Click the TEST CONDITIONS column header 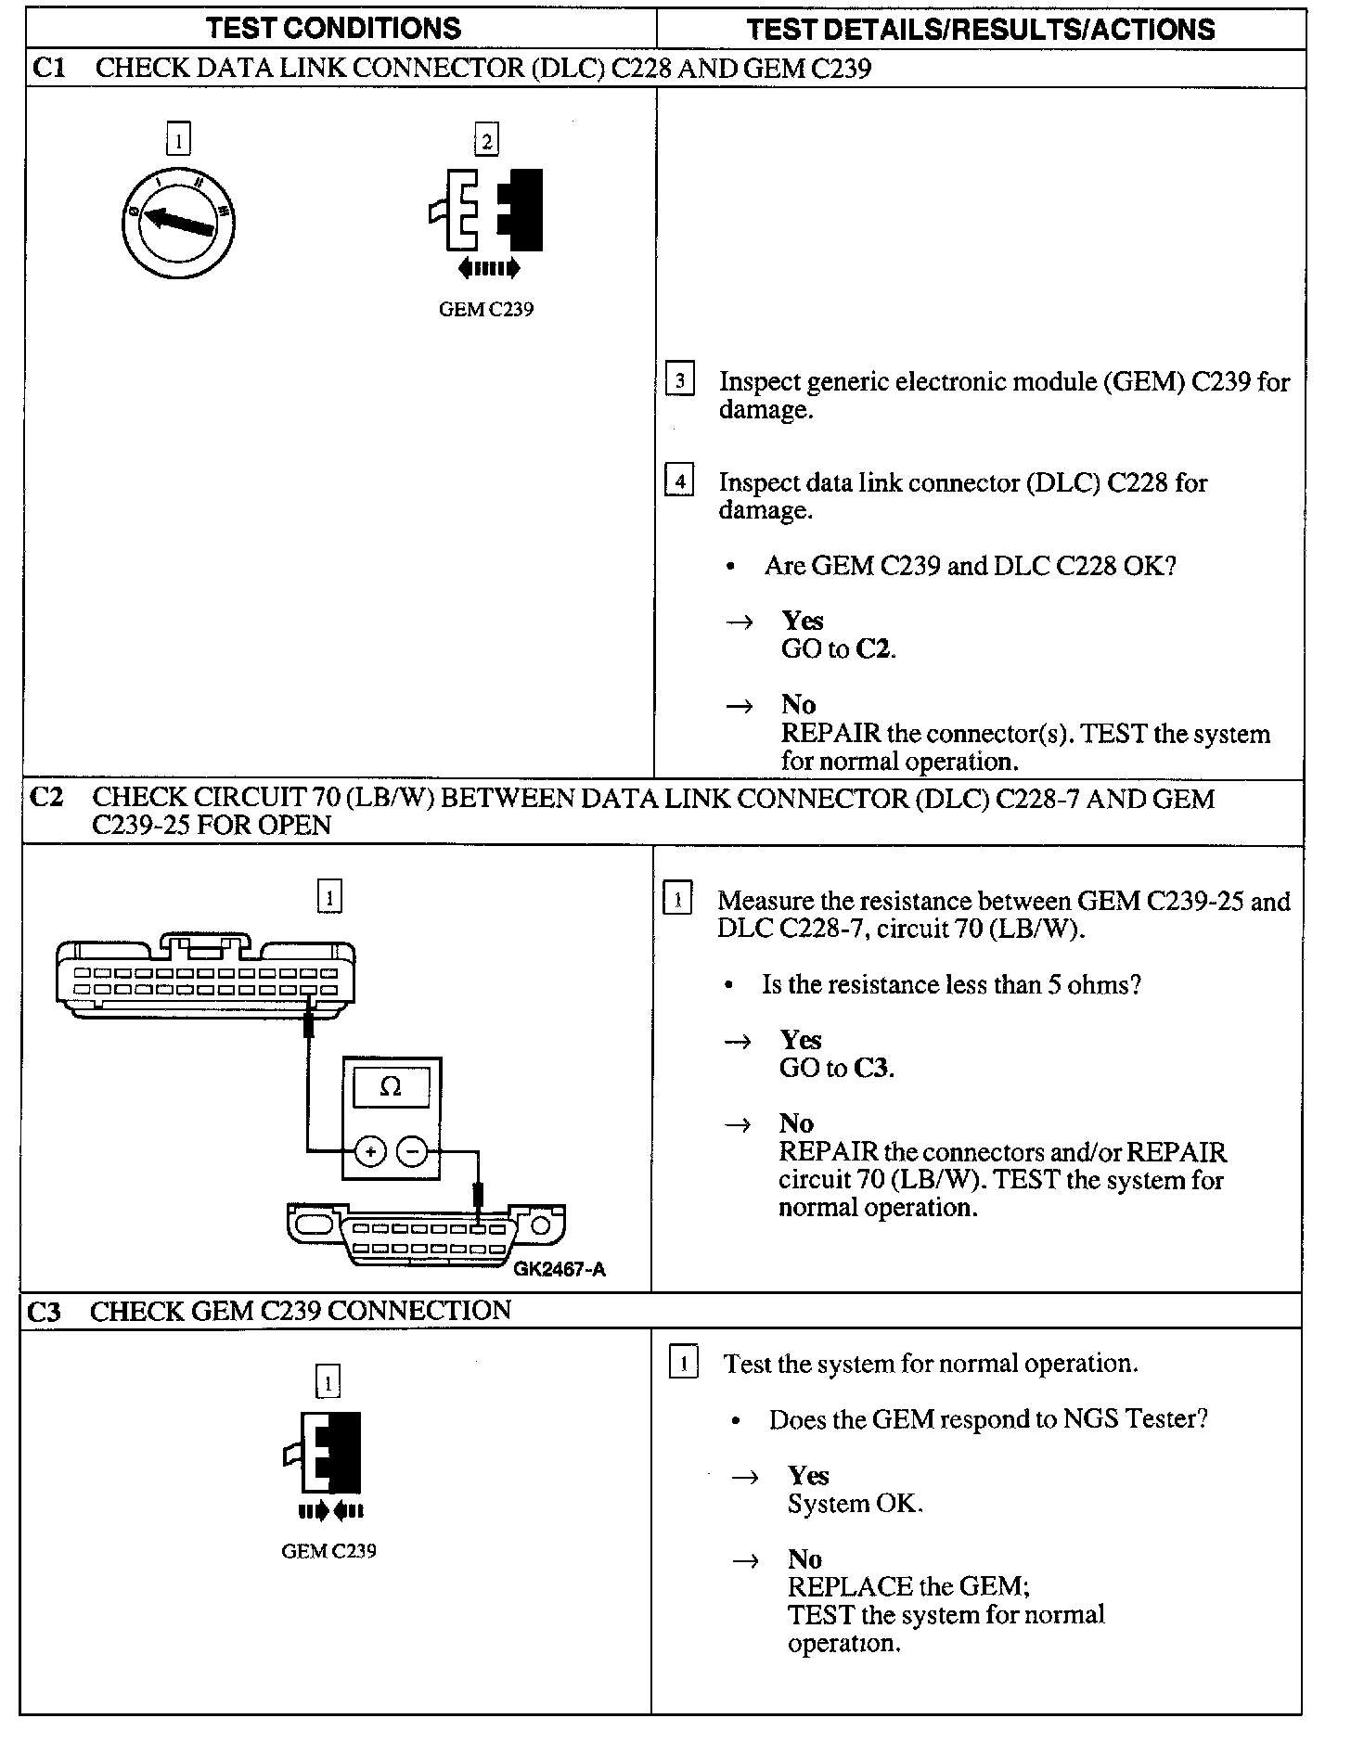point(333,29)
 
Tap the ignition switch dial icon point(178,224)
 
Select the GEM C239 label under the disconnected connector point(486,310)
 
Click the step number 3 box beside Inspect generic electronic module point(680,380)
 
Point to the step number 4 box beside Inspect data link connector point(680,481)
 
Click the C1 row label point(48,68)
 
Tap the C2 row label point(46,797)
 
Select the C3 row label point(45,1312)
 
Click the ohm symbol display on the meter point(391,1087)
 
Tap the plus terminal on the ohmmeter point(370,1153)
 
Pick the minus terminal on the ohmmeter point(413,1153)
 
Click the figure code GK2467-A point(560,1269)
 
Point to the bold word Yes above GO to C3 point(800,1040)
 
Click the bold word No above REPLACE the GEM point(804,1559)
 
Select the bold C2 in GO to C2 point(873,648)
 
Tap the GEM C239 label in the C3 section point(329,1551)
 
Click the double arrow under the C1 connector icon point(489,269)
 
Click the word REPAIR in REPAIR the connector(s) point(830,734)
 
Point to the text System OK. point(855,1504)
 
